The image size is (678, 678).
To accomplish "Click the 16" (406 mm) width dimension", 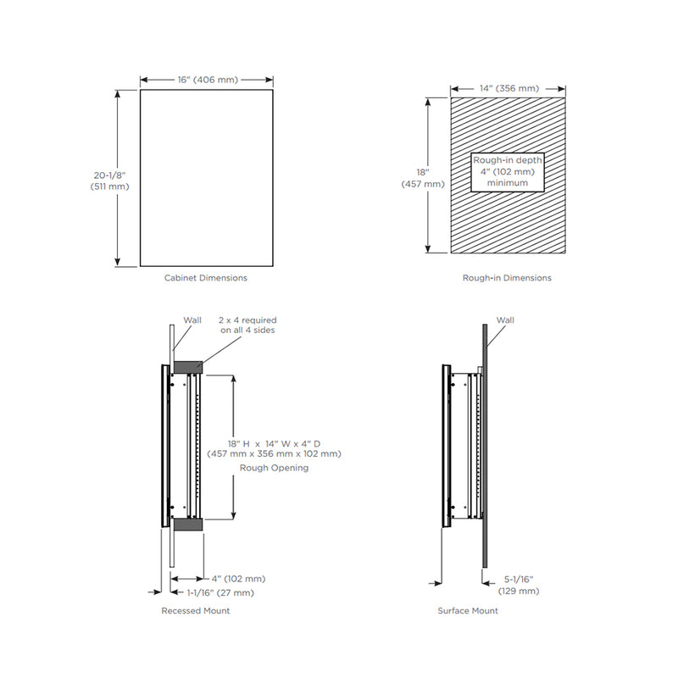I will click(x=208, y=80).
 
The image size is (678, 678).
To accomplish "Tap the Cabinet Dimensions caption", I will click(x=206, y=278).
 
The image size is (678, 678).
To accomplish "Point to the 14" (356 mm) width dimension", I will click(x=507, y=88).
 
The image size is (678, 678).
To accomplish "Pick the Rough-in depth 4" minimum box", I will click(x=507, y=171).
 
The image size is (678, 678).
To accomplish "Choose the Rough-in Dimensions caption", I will click(x=507, y=278).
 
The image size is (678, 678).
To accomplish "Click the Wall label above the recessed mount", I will click(x=192, y=320).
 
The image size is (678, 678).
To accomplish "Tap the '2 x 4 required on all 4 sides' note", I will click(x=247, y=325).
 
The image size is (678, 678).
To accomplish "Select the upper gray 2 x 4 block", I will click(x=187, y=366).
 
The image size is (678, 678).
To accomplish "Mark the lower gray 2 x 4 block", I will click(x=187, y=525).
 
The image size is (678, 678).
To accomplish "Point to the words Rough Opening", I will click(x=274, y=467).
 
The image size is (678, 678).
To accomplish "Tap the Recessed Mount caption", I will click(x=196, y=610).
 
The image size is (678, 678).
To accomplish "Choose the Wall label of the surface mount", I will click(x=505, y=320).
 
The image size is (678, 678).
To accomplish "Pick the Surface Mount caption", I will click(x=468, y=610).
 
